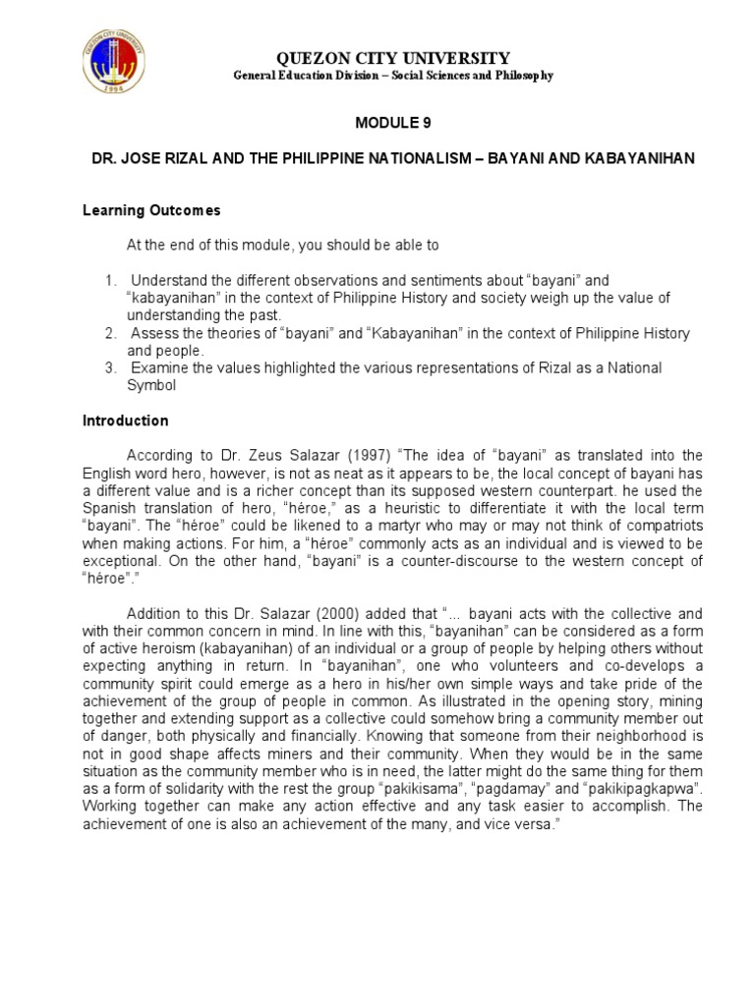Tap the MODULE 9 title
391,123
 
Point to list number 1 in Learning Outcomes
112,281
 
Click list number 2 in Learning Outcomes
112,334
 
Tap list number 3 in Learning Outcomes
112,367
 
